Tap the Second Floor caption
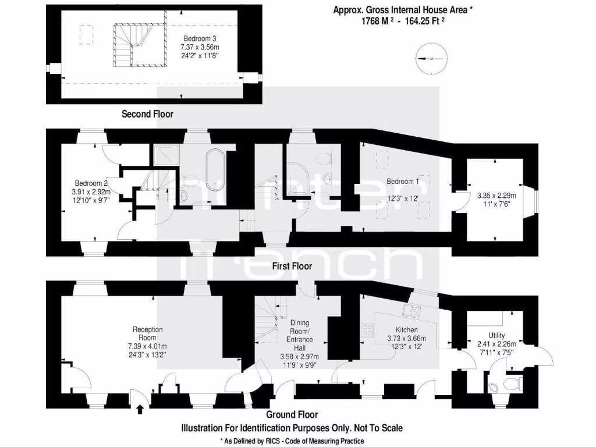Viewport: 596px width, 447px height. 147,114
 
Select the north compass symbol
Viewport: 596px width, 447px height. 432,58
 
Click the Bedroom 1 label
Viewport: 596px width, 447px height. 403,182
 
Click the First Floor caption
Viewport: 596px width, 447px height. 292,266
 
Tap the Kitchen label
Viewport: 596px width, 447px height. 406,330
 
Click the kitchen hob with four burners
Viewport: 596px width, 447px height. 368,330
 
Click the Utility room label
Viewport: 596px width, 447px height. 496,335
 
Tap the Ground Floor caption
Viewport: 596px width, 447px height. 292,415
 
